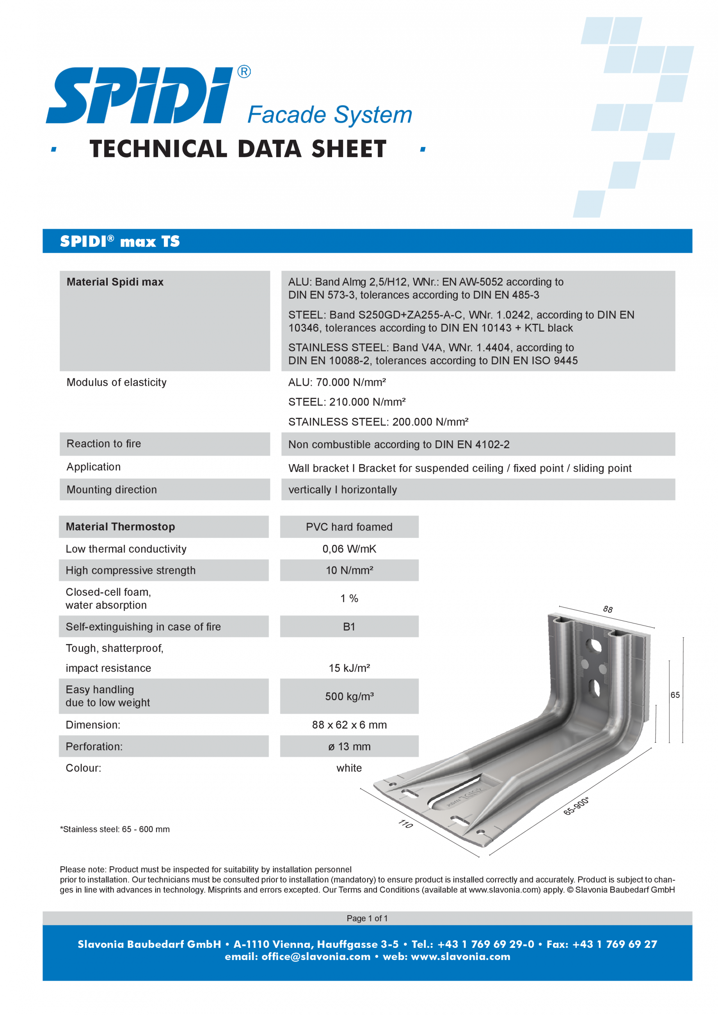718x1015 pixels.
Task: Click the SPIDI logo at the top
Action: pos(139,95)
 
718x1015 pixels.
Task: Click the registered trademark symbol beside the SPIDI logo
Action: pos(244,72)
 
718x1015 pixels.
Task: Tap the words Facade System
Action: pos(329,115)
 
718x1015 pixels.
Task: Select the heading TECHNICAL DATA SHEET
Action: pos(238,149)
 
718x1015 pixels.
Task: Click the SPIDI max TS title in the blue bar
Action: pos(120,241)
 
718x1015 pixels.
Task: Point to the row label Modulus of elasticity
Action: pos(116,382)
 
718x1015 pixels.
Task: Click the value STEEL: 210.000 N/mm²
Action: pos(347,402)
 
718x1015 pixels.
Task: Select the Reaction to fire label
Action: pos(103,444)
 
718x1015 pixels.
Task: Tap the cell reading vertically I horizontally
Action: pos(343,490)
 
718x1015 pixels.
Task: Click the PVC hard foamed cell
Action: pos(349,527)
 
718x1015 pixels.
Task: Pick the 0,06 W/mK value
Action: pos(349,549)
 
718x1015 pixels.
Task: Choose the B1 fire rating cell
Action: pos(349,627)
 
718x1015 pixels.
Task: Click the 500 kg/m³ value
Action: pos(349,697)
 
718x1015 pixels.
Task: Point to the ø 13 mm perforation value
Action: pos(349,747)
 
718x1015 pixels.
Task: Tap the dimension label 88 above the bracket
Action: pos(608,610)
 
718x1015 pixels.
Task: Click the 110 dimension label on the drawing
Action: pos(405,823)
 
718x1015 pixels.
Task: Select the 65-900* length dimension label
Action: pos(576,806)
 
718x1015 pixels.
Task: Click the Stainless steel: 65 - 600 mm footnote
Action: pos(115,829)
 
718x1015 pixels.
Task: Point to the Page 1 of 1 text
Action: pos(367,918)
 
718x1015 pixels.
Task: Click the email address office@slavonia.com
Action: pos(316,956)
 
